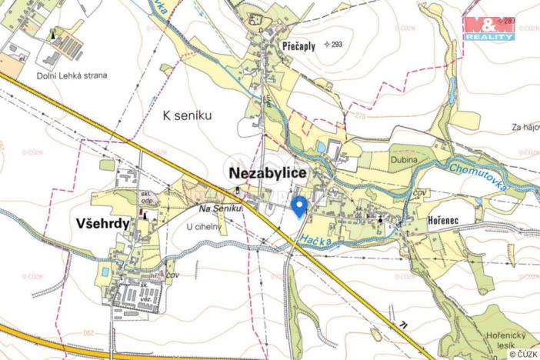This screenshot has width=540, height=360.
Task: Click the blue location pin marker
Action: (300, 205)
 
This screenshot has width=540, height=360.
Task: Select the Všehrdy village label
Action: (102, 223)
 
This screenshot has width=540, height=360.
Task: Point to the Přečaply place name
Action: (299, 45)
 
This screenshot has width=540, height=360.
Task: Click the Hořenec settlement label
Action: (444, 220)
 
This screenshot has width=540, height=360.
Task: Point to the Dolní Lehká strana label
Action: (72, 76)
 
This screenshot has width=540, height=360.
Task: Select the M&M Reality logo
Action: (488, 28)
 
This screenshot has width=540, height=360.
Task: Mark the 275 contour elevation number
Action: (361, 115)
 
